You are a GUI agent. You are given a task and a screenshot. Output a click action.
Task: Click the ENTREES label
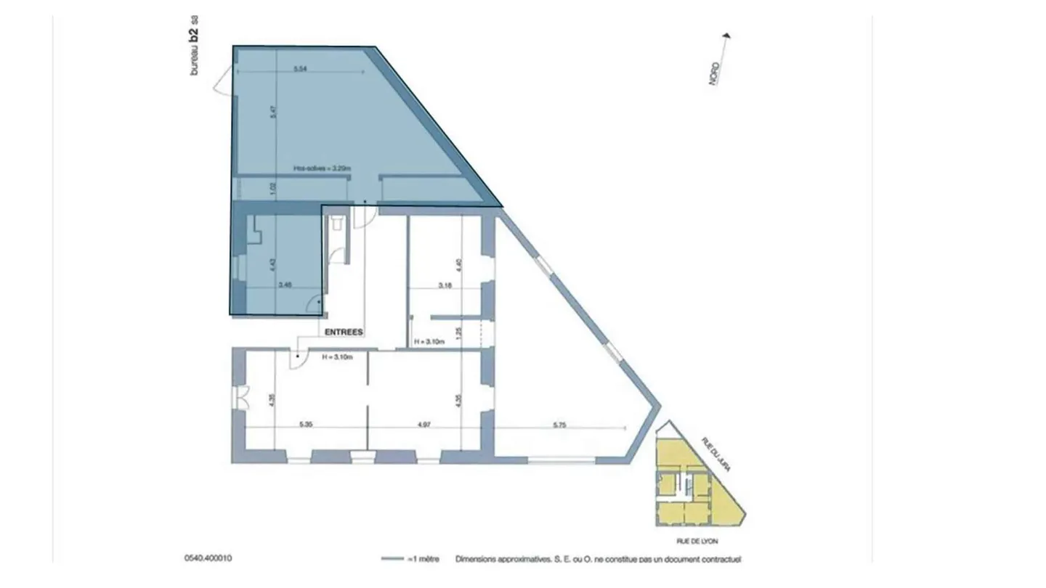pos(344,332)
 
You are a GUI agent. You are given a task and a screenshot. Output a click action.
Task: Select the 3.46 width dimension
pos(285,285)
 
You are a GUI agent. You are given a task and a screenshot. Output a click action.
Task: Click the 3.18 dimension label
pos(445,285)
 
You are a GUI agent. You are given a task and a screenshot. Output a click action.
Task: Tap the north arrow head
pos(728,35)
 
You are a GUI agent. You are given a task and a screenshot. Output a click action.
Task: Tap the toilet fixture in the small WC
pos(336,224)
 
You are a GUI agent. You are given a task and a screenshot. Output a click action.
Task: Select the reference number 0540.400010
pos(208,558)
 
